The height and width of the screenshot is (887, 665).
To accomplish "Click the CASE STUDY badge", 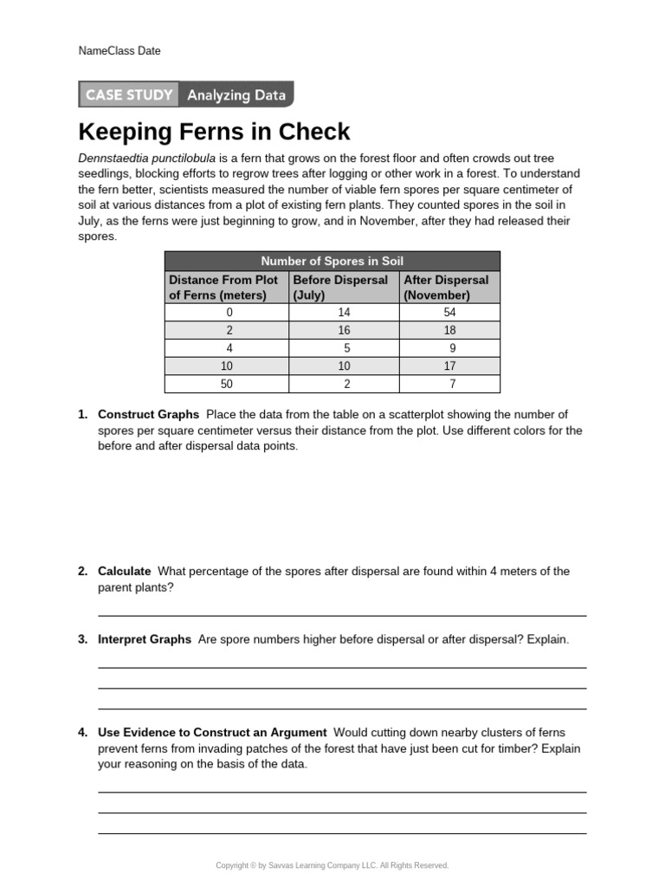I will point(128,95).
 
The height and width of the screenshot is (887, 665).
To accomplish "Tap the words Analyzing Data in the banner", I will point(236,95).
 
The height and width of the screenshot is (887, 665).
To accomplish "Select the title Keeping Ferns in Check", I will point(214,132).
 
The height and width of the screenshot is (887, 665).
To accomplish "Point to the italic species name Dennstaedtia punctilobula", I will point(146,159).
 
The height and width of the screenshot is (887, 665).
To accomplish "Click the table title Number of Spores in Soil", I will point(332,261).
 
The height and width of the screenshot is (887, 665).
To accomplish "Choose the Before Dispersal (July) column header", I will point(342,288).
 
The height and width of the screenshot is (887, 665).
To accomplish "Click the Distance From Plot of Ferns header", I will point(225,288).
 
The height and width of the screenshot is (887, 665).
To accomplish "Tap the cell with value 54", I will point(449,312).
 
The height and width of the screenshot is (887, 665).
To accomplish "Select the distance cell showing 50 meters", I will point(229,384).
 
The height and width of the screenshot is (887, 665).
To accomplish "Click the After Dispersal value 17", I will point(449,366).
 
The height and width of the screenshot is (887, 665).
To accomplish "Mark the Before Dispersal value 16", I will point(344,330).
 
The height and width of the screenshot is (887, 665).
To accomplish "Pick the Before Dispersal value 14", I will point(344,312).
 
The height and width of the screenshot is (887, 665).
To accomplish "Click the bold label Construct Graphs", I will point(148,414).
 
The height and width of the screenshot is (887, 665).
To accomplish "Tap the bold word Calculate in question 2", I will point(125,571).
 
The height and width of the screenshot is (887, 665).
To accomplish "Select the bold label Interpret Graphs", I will point(145,639).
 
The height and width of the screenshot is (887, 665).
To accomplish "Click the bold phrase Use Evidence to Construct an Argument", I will point(212,732).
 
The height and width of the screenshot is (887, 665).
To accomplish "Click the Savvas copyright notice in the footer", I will point(332,865).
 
